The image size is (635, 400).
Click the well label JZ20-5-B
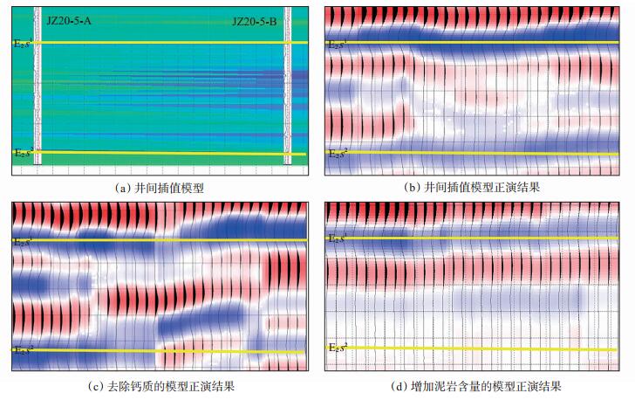pyautogui.click(x=255, y=19)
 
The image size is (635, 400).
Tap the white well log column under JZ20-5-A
pyautogui.click(x=38, y=87)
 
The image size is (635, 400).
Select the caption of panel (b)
pyautogui.click(x=472, y=187)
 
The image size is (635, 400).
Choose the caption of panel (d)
pyautogui.click(x=472, y=385)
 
